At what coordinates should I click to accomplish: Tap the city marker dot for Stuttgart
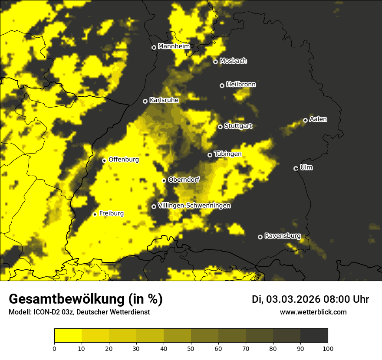click(x=220, y=127)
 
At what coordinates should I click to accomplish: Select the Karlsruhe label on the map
click(x=164, y=100)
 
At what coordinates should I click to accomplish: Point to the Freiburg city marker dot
click(x=95, y=214)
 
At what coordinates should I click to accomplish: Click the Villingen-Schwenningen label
click(x=194, y=206)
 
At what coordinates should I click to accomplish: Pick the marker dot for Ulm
click(x=296, y=168)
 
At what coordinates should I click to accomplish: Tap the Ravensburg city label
click(x=283, y=236)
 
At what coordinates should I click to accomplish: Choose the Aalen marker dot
click(x=305, y=120)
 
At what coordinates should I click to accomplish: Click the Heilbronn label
click(x=241, y=85)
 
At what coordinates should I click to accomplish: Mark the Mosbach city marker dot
click(x=215, y=62)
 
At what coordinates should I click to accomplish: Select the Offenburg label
click(x=124, y=160)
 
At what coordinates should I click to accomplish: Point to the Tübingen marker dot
click(x=210, y=155)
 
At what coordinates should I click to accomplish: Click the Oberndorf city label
click(x=184, y=180)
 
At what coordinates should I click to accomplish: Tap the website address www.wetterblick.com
click(x=313, y=312)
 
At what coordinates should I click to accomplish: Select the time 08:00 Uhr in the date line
click(x=346, y=299)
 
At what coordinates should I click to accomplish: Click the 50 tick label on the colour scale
click(x=191, y=348)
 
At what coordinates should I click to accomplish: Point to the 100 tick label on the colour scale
click(x=327, y=348)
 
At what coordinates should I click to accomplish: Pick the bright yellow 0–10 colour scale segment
click(x=68, y=336)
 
